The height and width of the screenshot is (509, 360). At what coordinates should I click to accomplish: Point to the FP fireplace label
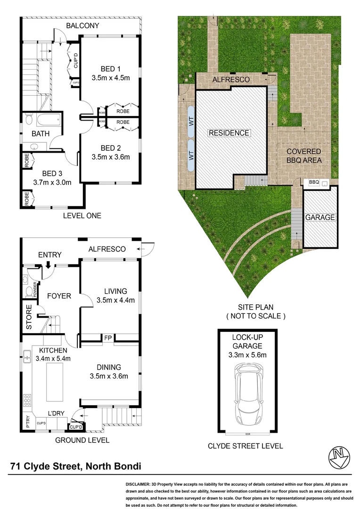(x=107, y=337)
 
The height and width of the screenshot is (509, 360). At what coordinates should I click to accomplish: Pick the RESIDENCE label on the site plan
(x=229, y=133)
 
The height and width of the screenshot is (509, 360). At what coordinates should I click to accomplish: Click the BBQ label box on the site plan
(x=314, y=182)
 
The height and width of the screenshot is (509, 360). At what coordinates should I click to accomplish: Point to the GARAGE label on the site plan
(x=320, y=217)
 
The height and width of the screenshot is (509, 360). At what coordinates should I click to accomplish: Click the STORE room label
(x=29, y=319)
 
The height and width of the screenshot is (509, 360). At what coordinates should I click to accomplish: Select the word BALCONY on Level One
(x=82, y=25)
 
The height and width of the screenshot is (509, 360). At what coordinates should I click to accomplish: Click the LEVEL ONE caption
(x=82, y=216)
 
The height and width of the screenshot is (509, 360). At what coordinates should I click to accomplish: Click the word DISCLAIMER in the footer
(x=137, y=484)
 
